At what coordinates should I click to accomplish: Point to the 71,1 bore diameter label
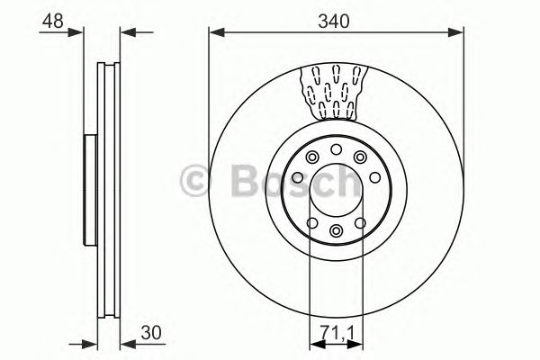336,331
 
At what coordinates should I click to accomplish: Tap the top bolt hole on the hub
336,149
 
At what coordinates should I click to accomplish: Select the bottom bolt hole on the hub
336,231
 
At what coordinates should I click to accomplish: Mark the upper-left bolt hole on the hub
312,158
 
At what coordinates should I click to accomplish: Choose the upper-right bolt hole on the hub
360,158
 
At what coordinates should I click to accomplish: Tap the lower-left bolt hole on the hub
312,223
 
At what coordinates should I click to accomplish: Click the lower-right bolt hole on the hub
360,223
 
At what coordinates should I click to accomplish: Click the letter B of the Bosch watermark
244,184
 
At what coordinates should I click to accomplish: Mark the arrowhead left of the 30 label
127,343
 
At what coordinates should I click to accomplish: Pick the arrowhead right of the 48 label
88,33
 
